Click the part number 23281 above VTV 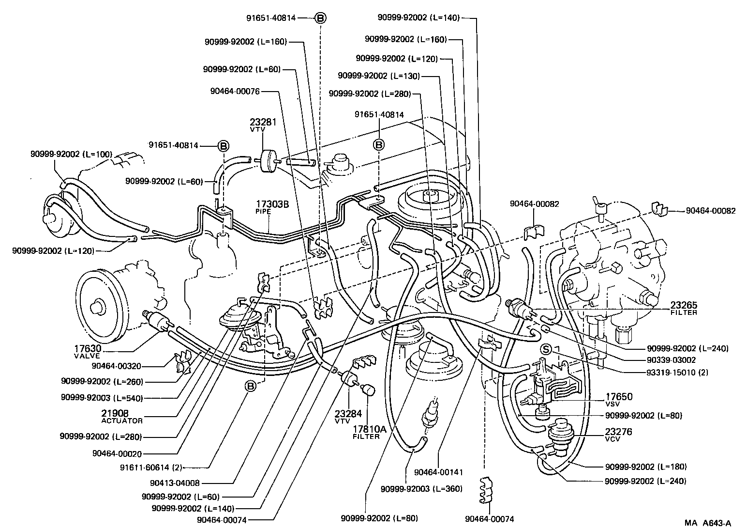click(x=263, y=122)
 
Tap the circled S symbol click(x=546, y=349)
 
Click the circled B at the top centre click(x=321, y=18)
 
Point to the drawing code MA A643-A click(x=707, y=523)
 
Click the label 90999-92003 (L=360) click(x=421, y=489)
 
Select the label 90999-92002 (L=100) click(x=71, y=155)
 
